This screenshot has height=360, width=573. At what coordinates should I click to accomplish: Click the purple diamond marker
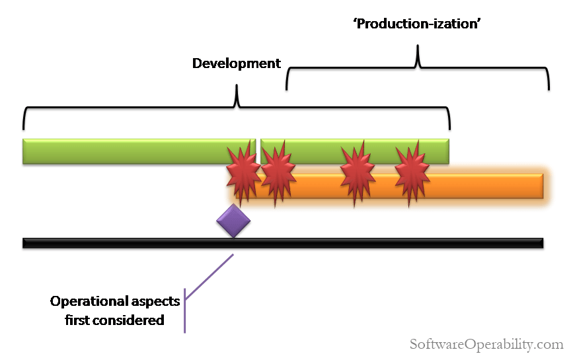(233, 221)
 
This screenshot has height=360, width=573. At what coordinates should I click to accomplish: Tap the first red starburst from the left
(242, 174)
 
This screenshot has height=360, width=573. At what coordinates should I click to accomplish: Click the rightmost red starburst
(411, 174)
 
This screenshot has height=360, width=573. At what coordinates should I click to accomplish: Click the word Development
(236, 64)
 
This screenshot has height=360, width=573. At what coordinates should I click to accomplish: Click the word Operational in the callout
(90, 301)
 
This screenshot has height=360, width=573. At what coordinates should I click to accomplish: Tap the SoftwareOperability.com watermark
(486, 344)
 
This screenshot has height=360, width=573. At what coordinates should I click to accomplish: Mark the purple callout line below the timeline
(210, 277)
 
